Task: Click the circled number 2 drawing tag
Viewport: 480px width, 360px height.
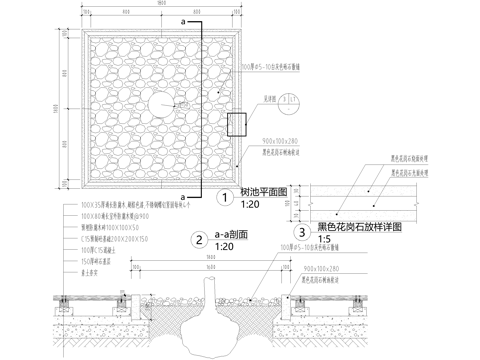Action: pyautogui.click(x=200, y=239)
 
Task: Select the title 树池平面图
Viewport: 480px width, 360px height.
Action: pyautogui.click(x=263, y=191)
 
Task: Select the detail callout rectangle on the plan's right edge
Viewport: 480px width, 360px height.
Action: pyautogui.click(x=236, y=122)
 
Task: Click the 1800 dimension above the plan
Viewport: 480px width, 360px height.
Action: pyautogui.click(x=161, y=6)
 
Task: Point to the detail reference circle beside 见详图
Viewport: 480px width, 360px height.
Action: pyautogui.click(x=288, y=97)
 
